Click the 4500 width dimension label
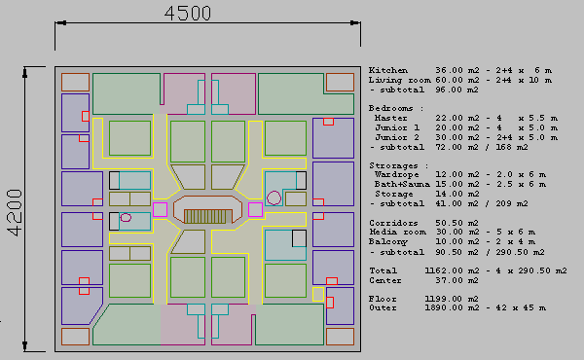[188, 13]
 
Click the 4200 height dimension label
[16, 212]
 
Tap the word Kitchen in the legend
[387, 70]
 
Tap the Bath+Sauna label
[402, 184]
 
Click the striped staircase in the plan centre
[205, 216]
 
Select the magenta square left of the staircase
[160, 209]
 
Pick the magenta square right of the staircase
[255, 209]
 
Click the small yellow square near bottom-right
[318, 295]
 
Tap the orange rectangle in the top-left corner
[75, 83]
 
